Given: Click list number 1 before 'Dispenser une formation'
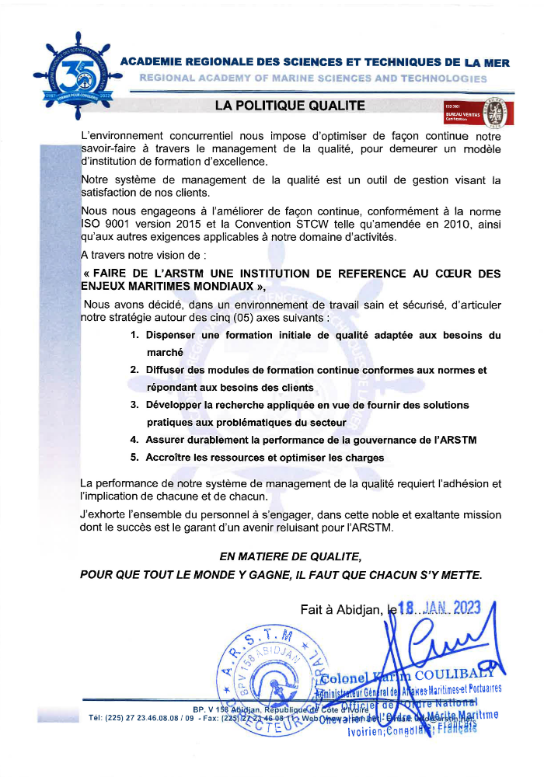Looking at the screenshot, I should tap(134, 335).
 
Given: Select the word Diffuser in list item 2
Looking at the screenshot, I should tap(167, 371).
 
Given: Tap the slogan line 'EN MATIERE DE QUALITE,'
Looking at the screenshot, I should tap(290, 557).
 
